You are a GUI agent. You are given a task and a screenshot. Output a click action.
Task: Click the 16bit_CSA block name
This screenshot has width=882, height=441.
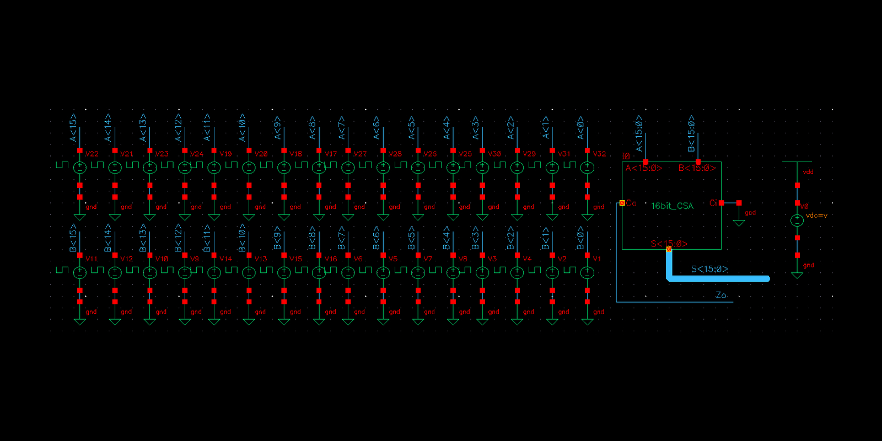point(672,206)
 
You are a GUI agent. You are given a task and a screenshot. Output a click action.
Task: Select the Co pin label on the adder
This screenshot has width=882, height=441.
point(631,203)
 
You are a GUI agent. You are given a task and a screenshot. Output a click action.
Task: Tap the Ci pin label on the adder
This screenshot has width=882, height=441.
point(713,203)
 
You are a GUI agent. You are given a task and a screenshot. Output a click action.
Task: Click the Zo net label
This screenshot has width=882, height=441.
point(720,295)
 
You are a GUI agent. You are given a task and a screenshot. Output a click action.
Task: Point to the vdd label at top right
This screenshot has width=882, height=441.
point(808,172)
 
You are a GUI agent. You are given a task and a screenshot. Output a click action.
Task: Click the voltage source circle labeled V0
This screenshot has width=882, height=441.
point(797,220)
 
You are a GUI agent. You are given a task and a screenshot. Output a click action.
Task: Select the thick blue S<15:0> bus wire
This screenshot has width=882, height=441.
point(717,279)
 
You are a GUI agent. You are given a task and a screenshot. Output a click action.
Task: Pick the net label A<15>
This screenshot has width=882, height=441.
point(73,127)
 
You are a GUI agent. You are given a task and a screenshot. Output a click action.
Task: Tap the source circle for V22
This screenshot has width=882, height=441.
point(80,167)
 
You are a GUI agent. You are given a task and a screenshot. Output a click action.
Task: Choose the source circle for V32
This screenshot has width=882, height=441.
point(587,167)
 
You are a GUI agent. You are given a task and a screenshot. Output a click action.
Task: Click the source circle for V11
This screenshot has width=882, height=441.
point(80,272)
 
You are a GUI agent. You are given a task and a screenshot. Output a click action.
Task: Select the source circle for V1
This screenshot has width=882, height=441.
point(587,272)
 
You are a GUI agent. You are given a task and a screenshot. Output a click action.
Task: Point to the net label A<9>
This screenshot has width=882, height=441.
point(277,127)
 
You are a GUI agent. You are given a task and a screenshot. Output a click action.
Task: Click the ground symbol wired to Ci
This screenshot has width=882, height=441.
point(739,222)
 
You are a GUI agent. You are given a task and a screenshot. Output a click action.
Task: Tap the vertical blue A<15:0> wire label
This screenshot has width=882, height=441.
point(639,133)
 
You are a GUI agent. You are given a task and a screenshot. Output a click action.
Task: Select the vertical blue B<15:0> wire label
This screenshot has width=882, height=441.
point(691,133)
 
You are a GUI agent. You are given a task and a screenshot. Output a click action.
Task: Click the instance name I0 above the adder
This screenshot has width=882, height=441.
point(626,157)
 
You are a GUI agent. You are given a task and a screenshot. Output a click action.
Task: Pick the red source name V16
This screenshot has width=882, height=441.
point(331,259)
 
